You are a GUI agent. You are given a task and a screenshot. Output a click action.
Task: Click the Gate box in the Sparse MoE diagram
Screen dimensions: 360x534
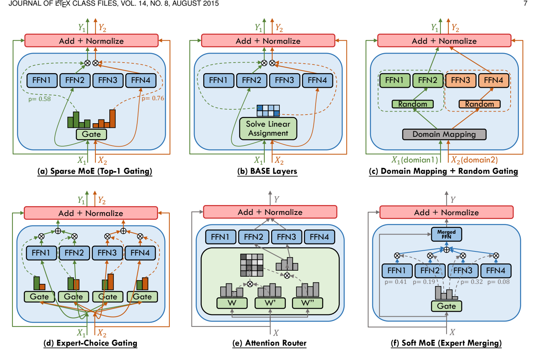tap(91, 134)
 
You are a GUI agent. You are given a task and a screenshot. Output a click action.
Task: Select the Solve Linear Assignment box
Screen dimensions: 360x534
tap(268, 129)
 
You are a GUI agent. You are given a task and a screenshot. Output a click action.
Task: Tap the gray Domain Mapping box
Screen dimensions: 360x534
tap(444, 134)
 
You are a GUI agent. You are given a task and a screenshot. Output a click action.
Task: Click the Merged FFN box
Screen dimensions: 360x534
tap(446, 234)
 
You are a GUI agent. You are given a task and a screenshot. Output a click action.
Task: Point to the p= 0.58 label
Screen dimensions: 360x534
tap(39, 99)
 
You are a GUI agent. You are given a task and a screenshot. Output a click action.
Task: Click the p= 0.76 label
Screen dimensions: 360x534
tap(153, 98)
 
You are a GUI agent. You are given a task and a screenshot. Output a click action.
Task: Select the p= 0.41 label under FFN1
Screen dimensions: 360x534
tap(396, 282)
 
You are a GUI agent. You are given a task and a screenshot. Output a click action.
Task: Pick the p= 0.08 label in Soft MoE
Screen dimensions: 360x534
tap(498, 282)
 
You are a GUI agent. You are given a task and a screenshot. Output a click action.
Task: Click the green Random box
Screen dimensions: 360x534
tap(413, 104)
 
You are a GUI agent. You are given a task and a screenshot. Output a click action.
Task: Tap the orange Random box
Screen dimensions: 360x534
tap(479, 104)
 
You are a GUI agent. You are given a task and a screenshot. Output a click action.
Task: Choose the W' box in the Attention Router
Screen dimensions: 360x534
tap(270, 303)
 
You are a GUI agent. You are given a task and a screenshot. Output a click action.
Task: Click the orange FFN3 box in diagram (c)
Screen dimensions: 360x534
tap(460, 80)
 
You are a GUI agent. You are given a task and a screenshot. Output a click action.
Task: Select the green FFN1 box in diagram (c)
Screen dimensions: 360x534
tap(394, 80)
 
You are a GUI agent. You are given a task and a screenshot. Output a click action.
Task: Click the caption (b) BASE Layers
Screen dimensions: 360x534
tap(267, 171)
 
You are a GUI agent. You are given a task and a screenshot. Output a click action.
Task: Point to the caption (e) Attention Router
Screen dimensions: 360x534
tap(269, 343)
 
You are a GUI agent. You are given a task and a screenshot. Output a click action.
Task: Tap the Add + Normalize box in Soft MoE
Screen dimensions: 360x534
tap(446, 212)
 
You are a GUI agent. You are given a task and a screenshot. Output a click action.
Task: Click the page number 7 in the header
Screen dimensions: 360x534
tap(525, 3)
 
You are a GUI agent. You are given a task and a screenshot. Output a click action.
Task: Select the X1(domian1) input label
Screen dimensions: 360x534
tap(414, 160)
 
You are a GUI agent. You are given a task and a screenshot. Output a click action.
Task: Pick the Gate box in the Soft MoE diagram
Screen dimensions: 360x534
tap(446, 306)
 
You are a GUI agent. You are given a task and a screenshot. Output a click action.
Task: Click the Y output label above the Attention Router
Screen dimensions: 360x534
tap(276, 199)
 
